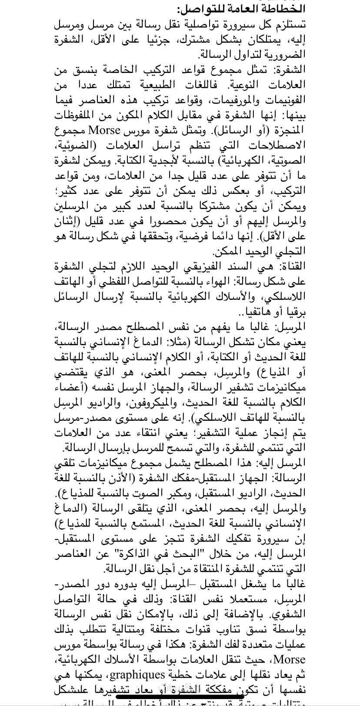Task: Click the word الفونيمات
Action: coord(281,100)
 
